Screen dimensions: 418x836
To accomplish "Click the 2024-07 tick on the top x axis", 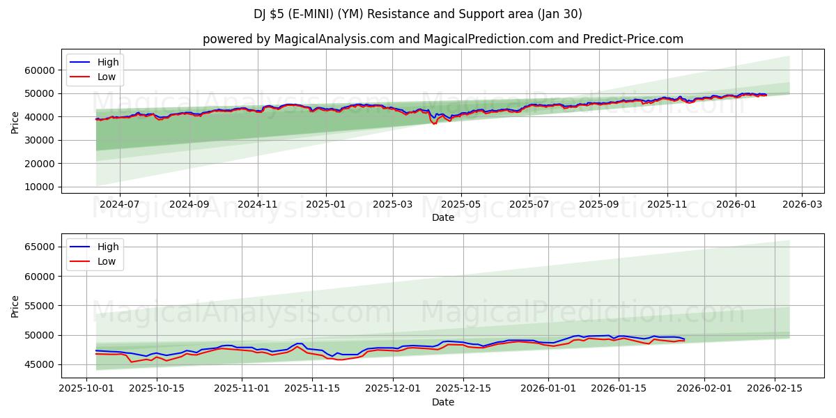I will click(x=119, y=205).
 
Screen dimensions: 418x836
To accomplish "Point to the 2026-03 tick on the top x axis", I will click(x=801, y=205).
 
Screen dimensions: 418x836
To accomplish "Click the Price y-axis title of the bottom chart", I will click(x=15, y=306).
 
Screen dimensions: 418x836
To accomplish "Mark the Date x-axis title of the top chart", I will click(x=442, y=217).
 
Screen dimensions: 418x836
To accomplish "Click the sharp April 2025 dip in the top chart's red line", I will click(x=435, y=123).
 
